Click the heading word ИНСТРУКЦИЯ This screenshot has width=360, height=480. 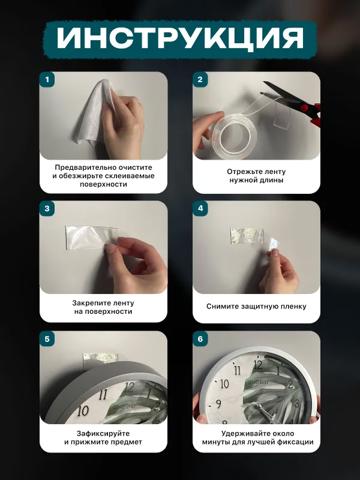coord(180,38)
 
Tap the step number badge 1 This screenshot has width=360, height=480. coord(47,80)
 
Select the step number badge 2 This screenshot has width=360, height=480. coord(200,80)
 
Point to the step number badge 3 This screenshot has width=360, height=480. coord(47,208)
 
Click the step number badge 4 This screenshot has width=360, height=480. coord(200,208)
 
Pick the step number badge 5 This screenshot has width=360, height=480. coord(47,339)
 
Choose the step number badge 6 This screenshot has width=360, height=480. coord(200,339)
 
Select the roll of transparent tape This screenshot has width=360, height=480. coord(230,135)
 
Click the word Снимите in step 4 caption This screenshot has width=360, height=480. coord(220,306)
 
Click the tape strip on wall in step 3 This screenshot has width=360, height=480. coord(92,237)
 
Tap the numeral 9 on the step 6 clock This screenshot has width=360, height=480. coord(218,404)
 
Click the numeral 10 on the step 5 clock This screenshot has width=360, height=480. coord(83,410)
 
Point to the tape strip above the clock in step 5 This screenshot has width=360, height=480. coord(100,357)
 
